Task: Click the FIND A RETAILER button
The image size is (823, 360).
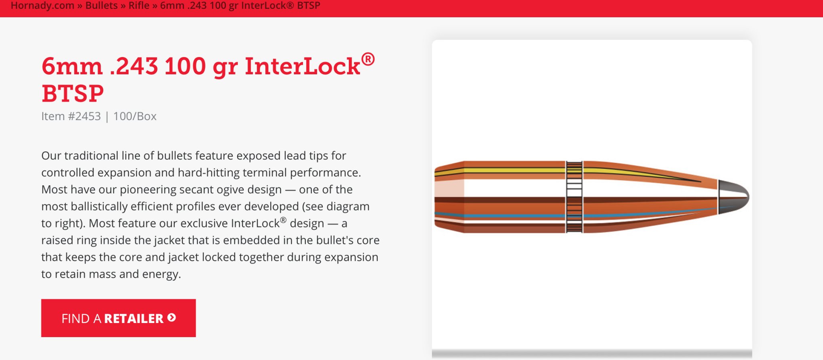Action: pos(118,318)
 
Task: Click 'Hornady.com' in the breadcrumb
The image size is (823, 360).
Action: pos(43,6)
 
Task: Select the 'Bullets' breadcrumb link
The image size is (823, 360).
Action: pos(102,6)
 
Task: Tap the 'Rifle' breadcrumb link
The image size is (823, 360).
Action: pos(139,6)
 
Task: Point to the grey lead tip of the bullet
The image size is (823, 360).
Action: pos(733,196)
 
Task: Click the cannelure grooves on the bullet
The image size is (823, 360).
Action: pos(574,197)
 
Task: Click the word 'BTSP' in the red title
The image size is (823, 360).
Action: pos(73,94)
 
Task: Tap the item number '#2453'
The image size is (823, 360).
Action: pos(84,116)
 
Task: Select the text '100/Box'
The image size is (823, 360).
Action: pos(135,116)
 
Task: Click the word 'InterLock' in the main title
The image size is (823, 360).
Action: pos(302,66)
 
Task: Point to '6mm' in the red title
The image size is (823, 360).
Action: pos(72,66)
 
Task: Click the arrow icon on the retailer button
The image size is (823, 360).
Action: pos(172,318)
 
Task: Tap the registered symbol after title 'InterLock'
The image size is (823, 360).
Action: pos(368,59)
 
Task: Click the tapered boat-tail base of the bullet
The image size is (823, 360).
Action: pos(449,197)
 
